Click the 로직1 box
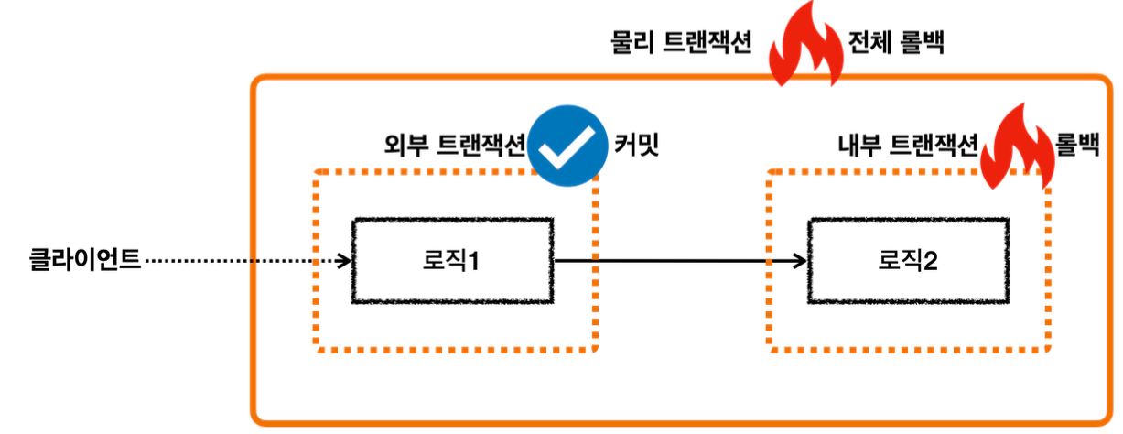[x=452, y=261]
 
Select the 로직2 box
[x=908, y=261]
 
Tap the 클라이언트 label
[x=85, y=260]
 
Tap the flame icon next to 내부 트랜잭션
[x=1016, y=147]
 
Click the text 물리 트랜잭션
[x=681, y=43]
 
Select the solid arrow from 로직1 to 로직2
[x=677, y=261]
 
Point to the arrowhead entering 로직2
[x=801, y=261]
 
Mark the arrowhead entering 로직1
[x=345, y=261]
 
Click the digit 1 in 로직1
[x=475, y=262]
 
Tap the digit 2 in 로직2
[x=932, y=262]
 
